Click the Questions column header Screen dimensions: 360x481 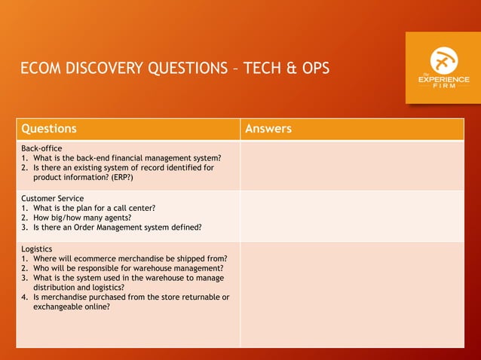[49, 129]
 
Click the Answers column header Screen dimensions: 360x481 [268, 129]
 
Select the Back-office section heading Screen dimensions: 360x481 [41, 148]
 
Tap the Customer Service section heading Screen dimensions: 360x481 [53, 198]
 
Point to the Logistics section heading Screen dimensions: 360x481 [37, 249]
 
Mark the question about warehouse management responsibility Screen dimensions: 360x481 [128, 268]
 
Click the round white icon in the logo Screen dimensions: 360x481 [443, 60]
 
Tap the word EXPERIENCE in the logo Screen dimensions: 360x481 [443, 80]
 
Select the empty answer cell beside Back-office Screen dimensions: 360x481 [352, 166]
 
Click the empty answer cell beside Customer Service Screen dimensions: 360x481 [352, 215]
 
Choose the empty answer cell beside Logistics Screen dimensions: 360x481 [352, 294]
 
